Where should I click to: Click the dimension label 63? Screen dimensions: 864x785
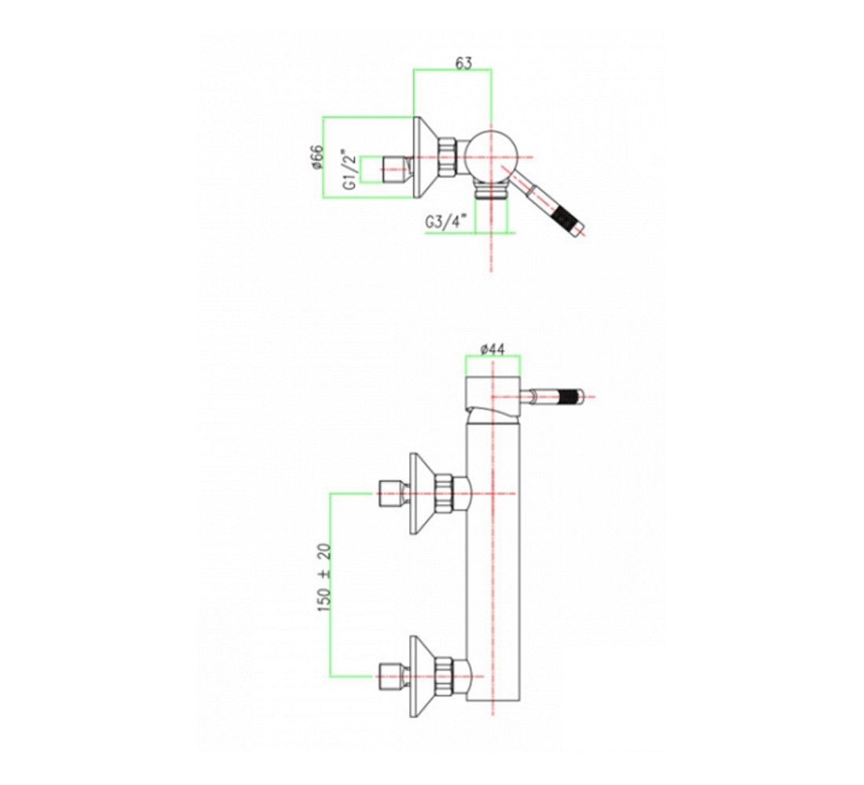tap(463, 64)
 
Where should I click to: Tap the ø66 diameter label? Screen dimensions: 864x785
tap(317, 157)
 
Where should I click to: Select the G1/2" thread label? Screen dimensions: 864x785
tap(349, 169)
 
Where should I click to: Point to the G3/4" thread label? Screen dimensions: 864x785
tap(446, 222)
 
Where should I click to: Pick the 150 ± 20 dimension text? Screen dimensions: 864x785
tap(324, 577)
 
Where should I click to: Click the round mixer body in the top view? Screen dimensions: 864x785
tap(490, 157)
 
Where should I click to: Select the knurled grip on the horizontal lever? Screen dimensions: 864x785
tap(568, 396)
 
